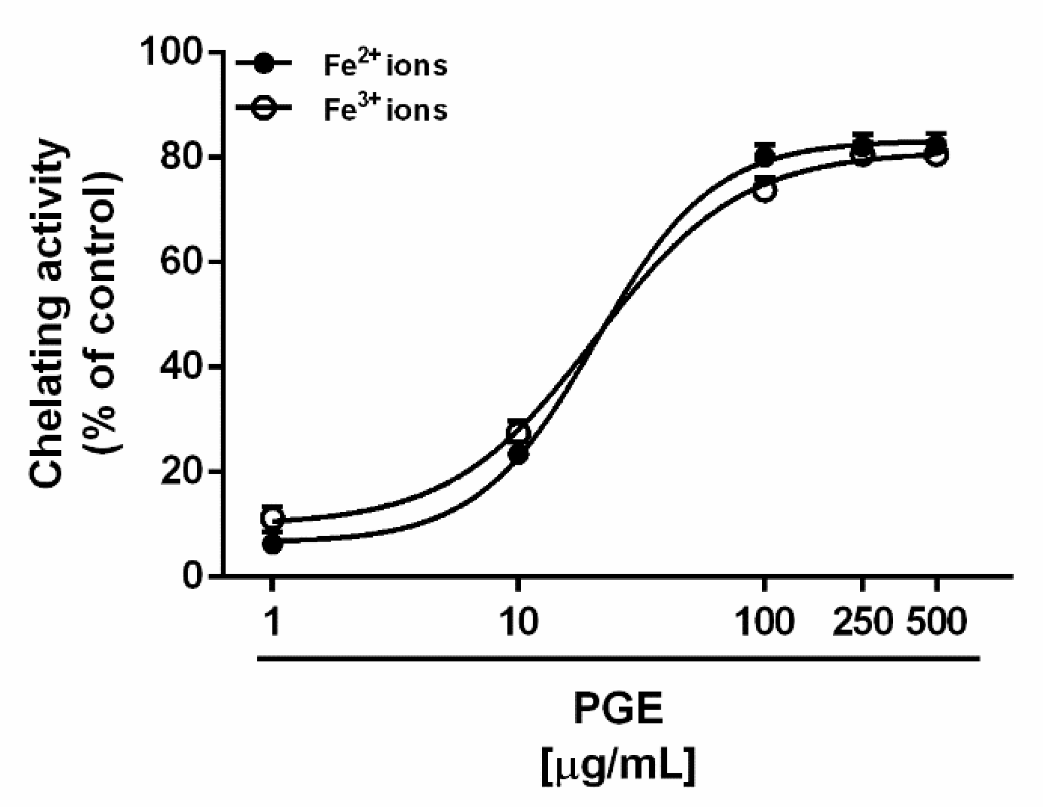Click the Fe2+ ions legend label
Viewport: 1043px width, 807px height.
coord(385,65)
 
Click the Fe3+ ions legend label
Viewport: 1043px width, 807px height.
coord(385,109)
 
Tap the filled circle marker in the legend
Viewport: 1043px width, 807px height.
coord(264,64)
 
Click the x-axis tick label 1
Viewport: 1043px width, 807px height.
coord(272,621)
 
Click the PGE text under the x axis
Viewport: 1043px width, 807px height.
coord(618,710)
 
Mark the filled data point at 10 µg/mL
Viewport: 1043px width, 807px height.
coord(519,454)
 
